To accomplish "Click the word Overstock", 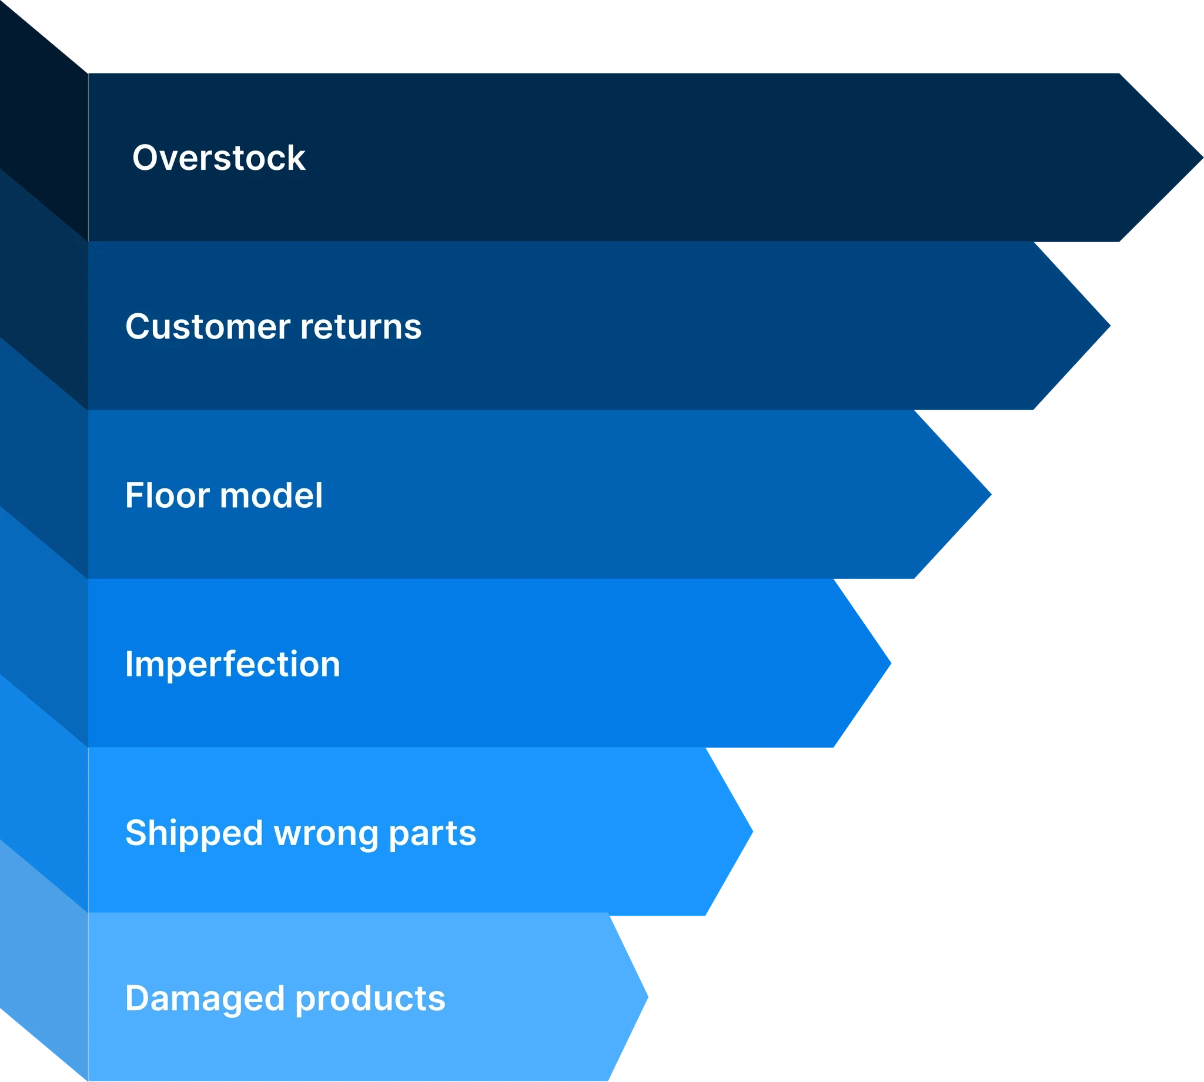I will (219, 158).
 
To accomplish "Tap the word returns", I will (361, 327).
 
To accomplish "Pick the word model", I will (271, 495).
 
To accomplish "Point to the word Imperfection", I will (232, 664).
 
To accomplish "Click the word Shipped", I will (194, 833).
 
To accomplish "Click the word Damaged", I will (205, 998).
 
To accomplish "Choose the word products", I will (370, 998).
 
